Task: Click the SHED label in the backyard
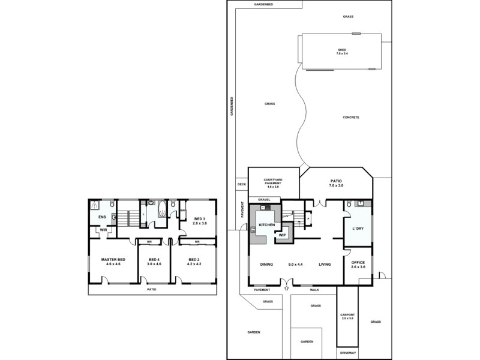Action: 342,50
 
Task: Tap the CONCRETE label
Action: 350,118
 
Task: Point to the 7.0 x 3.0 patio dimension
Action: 337,186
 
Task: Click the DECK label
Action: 242,184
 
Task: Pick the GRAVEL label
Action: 265,199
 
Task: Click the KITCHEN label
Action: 267,225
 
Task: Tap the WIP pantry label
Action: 282,236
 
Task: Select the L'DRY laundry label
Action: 358,229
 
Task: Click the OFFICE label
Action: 358,262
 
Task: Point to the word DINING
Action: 267,265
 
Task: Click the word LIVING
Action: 325,265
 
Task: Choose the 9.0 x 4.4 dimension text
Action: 296,265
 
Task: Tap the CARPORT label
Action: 348,314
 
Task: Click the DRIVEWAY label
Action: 348,353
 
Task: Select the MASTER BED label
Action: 113,259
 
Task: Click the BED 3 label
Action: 200,218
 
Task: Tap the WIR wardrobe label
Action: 103,229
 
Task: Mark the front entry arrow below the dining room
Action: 286,289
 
